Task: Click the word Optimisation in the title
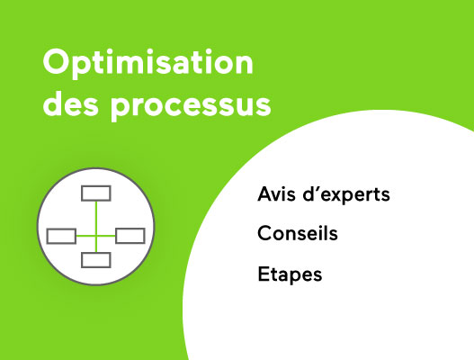coord(148,65)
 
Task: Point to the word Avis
coord(274,194)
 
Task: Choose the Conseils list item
coord(298,234)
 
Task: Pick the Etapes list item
coord(290,274)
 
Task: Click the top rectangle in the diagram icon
coord(95,193)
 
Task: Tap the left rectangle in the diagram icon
coord(61,236)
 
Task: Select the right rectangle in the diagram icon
coord(130,236)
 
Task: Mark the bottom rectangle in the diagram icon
coord(95,260)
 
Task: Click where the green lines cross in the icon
coord(95,236)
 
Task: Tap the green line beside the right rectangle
coord(107,236)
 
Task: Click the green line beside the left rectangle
coord(85,236)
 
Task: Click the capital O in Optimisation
coord(56,65)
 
